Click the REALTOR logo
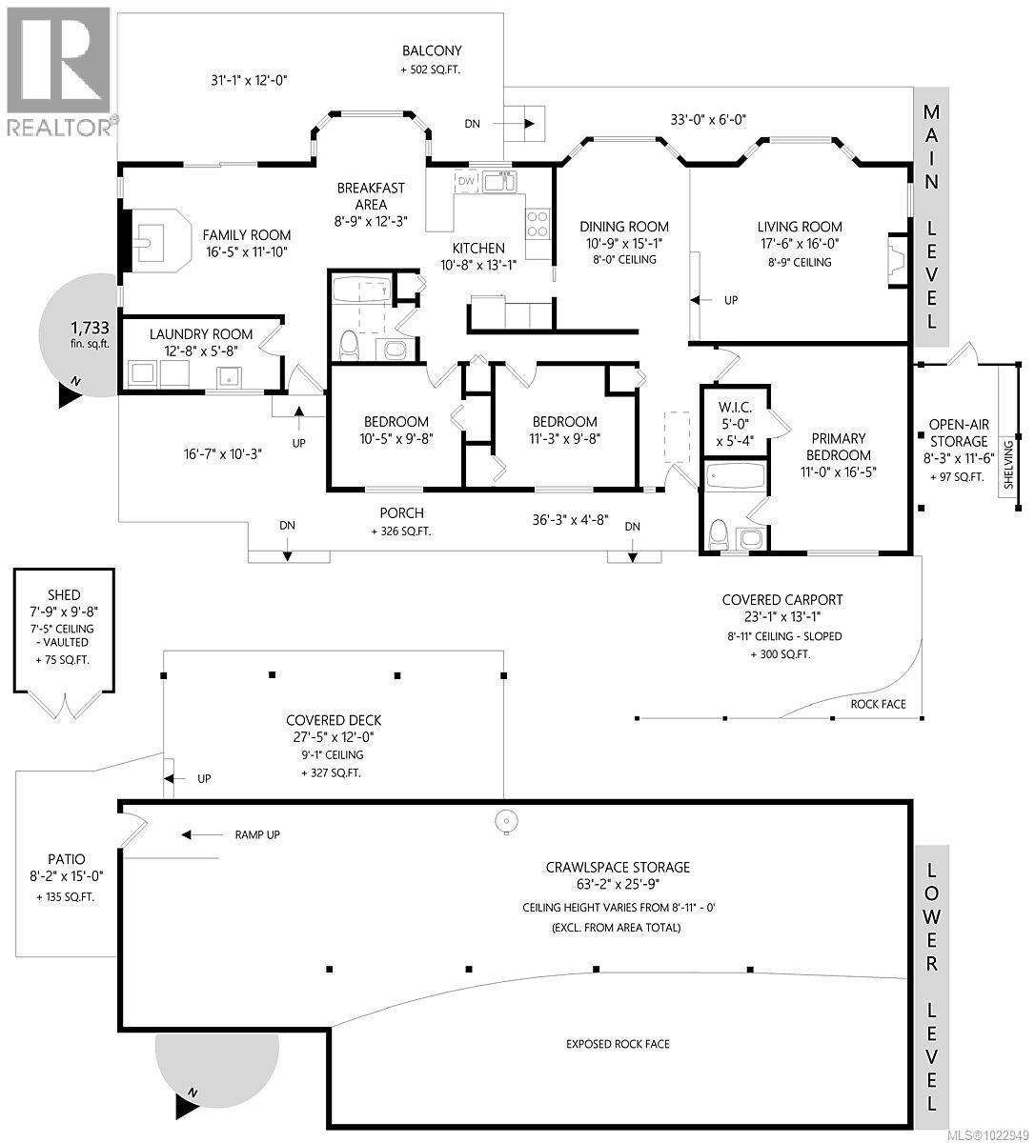pyautogui.click(x=59, y=71)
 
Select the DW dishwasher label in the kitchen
pyautogui.click(x=466, y=181)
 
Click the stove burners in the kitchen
pyautogui.click(x=538, y=223)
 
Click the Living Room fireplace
pyautogui.click(x=897, y=254)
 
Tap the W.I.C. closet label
pyautogui.click(x=735, y=408)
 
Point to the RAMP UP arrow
pyautogui.click(x=201, y=835)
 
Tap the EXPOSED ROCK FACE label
pyautogui.click(x=618, y=1044)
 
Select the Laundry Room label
pyautogui.click(x=201, y=333)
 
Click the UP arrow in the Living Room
pyautogui.click(x=706, y=300)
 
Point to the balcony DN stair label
pyautogui.click(x=473, y=123)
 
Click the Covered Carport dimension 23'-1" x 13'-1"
pyautogui.click(x=781, y=617)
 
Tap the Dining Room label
pyautogui.click(x=624, y=227)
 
